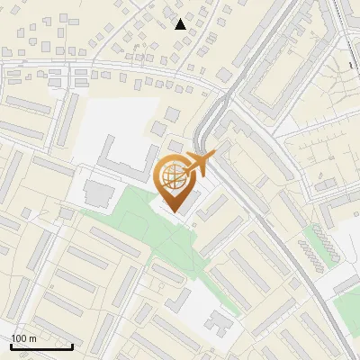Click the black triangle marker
click(181, 24)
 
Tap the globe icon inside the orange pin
click(172, 175)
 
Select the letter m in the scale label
click(33, 339)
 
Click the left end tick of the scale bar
click(11, 346)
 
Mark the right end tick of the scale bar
click(72, 346)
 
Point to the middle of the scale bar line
click(41, 347)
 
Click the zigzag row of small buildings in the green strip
click(315, 248)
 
